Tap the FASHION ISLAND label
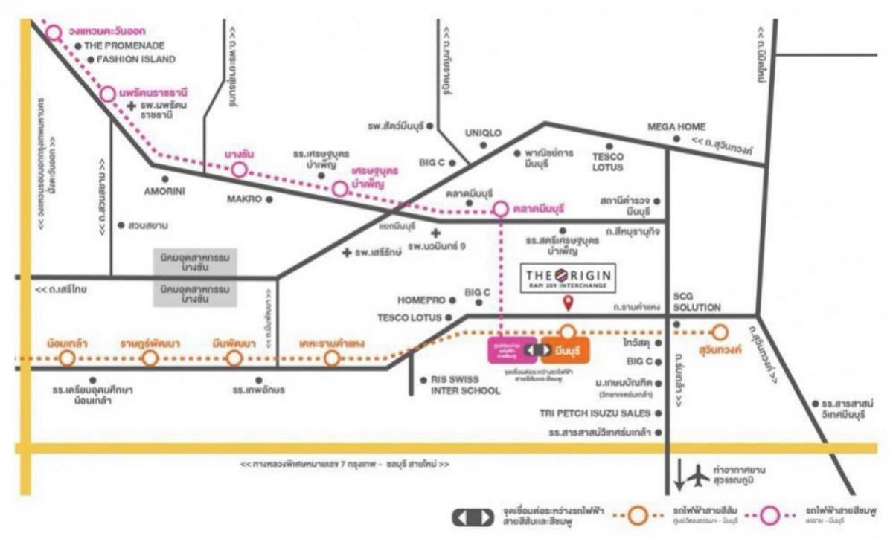pos(136,59)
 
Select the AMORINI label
pos(164,190)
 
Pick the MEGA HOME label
pos(676,127)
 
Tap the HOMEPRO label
pos(421,300)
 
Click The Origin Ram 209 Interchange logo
pos(568,277)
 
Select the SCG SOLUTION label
pos(697,301)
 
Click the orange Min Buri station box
pos(566,349)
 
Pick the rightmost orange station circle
pos(719,332)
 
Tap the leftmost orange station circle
pos(68,358)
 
